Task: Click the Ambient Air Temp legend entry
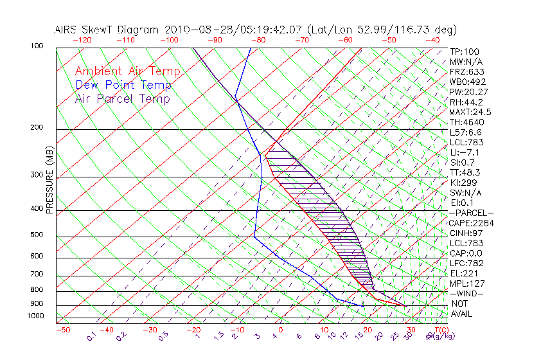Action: [128, 71]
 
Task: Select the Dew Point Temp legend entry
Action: [123, 85]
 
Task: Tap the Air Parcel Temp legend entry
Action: [123, 98]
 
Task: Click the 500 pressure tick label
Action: [37, 235]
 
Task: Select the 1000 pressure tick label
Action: [34, 316]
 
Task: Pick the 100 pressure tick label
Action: [37, 46]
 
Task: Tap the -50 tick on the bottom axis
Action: [62, 330]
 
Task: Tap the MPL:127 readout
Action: [466, 283]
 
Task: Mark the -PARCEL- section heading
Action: [471, 213]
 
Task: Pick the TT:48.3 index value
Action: [466, 172]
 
